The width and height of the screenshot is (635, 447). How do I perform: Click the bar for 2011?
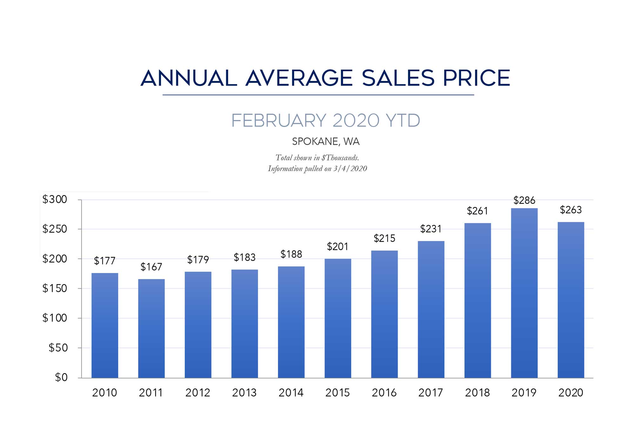(151, 328)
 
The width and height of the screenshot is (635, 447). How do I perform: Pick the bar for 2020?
(571, 300)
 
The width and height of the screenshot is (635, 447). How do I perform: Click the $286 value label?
(524, 200)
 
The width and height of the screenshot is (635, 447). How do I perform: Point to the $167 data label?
(151, 267)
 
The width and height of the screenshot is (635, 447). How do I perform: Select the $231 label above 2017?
(431, 229)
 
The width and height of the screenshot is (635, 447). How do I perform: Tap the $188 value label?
(291, 254)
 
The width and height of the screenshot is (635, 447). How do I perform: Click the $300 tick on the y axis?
(55, 199)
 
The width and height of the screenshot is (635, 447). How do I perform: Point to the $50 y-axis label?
(58, 348)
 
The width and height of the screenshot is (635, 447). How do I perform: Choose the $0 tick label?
(61, 377)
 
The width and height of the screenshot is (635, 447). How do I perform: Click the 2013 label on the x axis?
(244, 393)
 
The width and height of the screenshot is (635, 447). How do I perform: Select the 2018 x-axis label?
(478, 393)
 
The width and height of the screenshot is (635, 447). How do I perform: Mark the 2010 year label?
(104, 393)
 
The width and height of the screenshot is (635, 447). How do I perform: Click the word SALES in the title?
(398, 78)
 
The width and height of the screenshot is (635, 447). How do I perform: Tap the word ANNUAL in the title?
(189, 78)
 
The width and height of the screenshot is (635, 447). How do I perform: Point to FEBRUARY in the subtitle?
(279, 121)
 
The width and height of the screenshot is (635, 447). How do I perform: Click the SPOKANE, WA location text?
(326, 142)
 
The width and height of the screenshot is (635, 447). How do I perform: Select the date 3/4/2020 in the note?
(350, 169)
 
